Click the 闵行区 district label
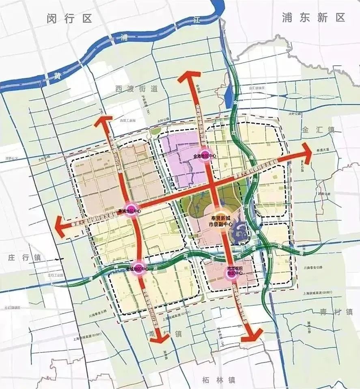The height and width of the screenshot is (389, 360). coord(69,18)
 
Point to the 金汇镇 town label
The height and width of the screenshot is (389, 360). coord(318,130)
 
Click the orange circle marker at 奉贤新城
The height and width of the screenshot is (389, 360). coord(220,218)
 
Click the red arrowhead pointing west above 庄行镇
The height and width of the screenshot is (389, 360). coord(63,224)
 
